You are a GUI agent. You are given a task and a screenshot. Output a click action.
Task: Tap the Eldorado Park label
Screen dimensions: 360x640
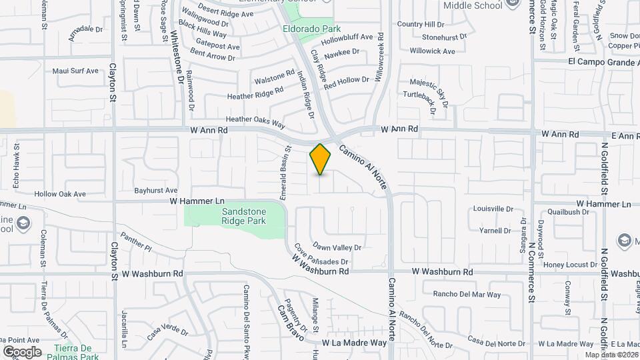(311, 29)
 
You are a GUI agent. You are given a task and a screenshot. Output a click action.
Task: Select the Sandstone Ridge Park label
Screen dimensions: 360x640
(243, 216)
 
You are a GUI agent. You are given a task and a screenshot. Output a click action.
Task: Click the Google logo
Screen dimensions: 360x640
(22, 351)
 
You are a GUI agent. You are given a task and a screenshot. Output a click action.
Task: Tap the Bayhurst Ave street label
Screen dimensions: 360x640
(156, 190)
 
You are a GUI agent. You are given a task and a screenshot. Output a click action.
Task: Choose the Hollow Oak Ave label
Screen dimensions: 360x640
(61, 194)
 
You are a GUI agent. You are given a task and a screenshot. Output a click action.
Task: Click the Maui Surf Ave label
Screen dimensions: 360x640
(75, 71)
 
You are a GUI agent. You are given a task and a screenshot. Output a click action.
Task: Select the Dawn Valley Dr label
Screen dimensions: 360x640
(337, 247)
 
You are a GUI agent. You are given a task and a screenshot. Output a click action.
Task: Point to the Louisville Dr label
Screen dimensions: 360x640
(493, 209)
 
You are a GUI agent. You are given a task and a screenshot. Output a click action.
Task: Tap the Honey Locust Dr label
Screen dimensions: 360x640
(569, 265)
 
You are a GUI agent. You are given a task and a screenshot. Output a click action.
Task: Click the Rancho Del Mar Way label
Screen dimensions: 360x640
(467, 294)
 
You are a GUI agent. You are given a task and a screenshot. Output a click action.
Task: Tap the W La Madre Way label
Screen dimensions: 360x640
(354, 343)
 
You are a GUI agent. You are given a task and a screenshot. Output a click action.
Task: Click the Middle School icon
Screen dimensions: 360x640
(512, 4)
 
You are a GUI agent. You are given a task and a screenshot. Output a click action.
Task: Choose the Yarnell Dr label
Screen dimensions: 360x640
(495, 231)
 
